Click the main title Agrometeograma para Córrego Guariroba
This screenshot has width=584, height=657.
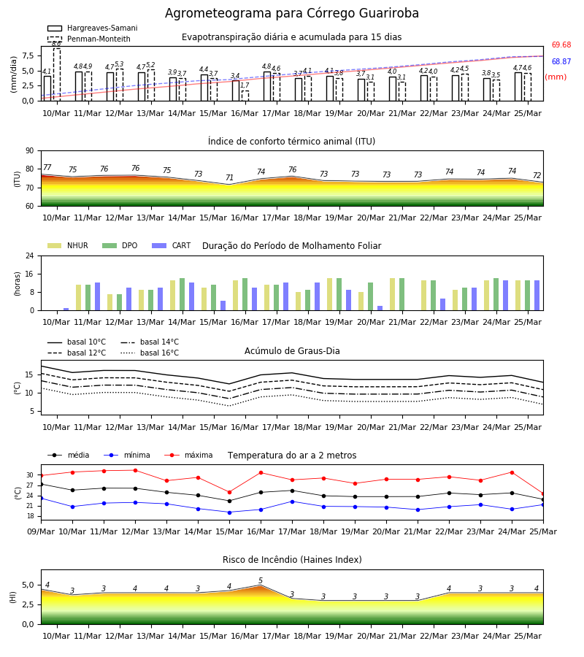click(x=291, y=13)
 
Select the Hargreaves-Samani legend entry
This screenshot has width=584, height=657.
click(x=93, y=28)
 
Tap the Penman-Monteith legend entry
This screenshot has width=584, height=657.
click(x=89, y=39)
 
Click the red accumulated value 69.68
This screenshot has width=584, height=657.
click(x=561, y=45)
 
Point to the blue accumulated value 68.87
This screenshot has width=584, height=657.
click(x=561, y=61)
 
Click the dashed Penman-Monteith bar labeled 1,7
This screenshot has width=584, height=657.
click(x=245, y=96)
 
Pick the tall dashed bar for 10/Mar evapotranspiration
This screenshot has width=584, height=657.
click(x=56, y=74)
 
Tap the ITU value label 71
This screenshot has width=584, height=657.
click(x=229, y=177)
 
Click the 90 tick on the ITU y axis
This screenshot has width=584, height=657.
click(x=30, y=151)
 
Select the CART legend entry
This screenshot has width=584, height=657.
click(x=172, y=245)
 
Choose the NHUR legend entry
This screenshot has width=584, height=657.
click(x=68, y=245)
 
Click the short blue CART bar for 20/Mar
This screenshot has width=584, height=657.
click(x=380, y=308)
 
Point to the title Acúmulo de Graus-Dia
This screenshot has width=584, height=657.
click(x=292, y=350)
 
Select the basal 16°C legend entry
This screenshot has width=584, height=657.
click(x=150, y=353)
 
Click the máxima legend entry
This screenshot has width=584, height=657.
click(x=188, y=455)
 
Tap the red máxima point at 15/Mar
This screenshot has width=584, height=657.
click(x=229, y=492)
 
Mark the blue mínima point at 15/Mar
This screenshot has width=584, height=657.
click(x=229, y=512)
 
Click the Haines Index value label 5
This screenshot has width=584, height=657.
click(x=261, y=580)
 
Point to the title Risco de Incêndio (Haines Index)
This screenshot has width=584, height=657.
click(x=292, y=560)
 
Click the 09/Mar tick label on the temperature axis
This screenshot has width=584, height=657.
click(x=41, y=531)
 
